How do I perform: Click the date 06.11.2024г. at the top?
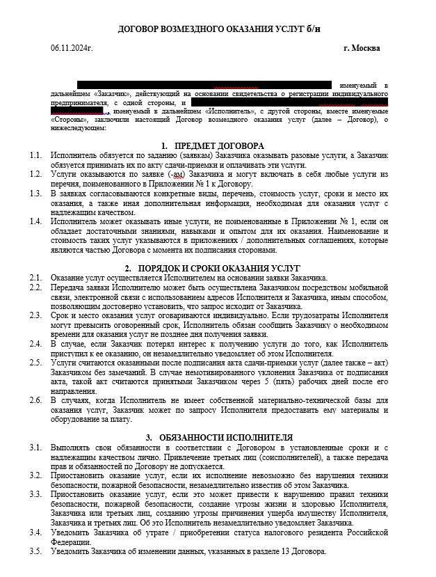click(x=72, y=48)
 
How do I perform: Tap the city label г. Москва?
click(x=362, y=48)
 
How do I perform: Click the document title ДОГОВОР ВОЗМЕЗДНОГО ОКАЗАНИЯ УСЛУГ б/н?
click(x=220, y=28)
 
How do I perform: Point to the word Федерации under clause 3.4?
click(x=70, y=542)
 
